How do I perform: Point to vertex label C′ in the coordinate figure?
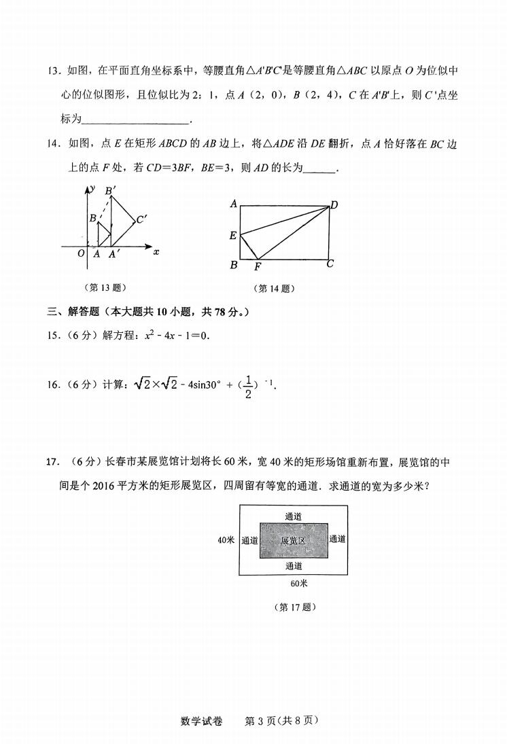pyautogui.click(x=142, y=219)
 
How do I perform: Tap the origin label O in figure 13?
pyautogui.click(x=81, y=254)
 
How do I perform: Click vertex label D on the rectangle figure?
pyautogui.click(x=334, y=205)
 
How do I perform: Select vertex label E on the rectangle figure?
pyautogui.click(x=233, y=236)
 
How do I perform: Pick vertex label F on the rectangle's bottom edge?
pyautogui.click(x=258, y=266)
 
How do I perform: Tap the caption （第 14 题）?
pyautogui.click(x=274, y=288)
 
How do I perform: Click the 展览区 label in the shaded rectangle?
pyautogui.click(x=294, y=540)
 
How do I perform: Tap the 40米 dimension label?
pyautogui.click(x=226, y=540)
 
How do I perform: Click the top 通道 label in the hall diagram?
pyautogui.click(x=294, y=516)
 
